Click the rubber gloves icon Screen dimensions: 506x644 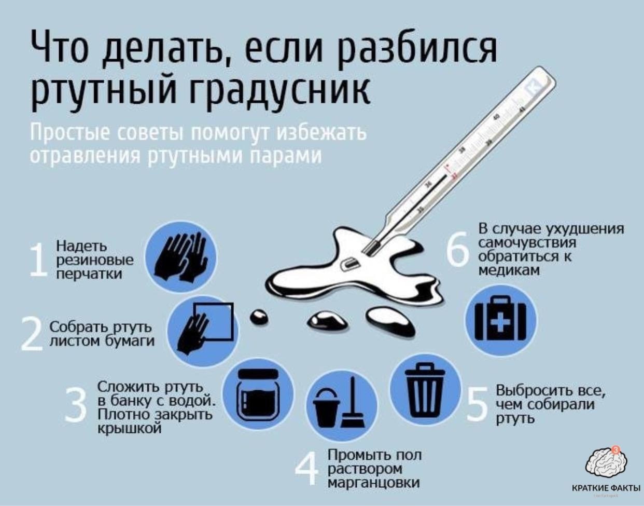point(180,257)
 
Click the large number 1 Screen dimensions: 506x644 point(38,261)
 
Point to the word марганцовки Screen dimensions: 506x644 point(374,483)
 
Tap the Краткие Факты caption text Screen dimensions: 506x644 point(606,488)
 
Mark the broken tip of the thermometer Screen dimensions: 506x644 point(371,248)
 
